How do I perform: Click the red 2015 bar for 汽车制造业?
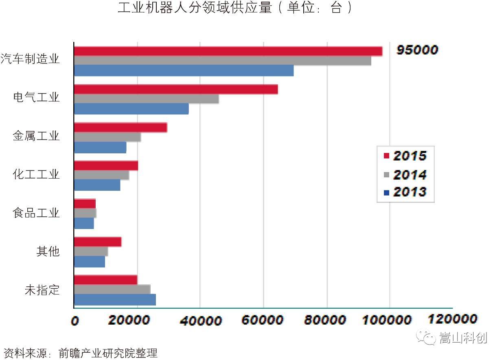click(228, 51)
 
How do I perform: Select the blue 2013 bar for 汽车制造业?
click(184, 70)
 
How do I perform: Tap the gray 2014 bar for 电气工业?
click(146, 99)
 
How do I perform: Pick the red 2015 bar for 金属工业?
click(121, 127)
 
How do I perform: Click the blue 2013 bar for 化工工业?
click(97, 185)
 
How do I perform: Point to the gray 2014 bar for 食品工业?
click(85, 213)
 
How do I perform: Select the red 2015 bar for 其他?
click(98, 242)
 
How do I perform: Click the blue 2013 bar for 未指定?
click(115, 300)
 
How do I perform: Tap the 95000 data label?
click(417, 50)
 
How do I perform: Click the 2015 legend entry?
click(405, 155)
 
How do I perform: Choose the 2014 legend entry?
click(405, 175)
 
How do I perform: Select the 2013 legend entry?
click(405, 192)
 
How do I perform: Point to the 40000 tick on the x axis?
click(201, 320)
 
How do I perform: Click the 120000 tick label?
click(452, 319)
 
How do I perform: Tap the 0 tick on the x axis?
click(75, 321)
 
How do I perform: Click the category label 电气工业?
click(36, 98)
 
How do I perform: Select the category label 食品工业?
click(36, 213)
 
